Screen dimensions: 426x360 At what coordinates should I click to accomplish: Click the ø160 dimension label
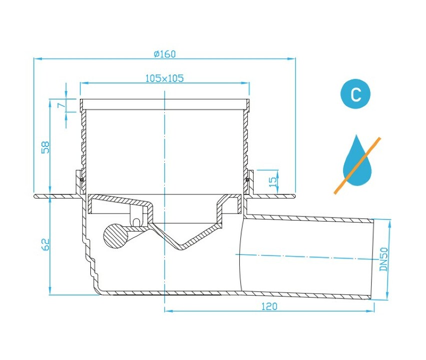point(165,54)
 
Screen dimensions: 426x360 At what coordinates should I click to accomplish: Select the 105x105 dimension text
point(165,78)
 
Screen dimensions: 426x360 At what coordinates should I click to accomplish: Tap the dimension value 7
point(62,104)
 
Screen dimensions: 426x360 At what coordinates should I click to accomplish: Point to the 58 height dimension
point(45,147)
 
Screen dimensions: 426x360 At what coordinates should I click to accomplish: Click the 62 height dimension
point(45,244)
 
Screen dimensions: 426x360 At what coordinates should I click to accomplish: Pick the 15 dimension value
point(273,181)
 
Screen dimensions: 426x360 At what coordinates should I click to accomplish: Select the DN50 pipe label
point(384,259)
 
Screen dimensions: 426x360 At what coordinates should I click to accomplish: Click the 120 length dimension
point(269,306)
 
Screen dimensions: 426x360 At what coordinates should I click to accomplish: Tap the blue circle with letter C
point(356,94)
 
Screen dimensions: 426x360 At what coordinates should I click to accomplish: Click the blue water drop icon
point(357,163)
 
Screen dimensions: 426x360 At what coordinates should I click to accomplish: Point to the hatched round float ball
point(116,235)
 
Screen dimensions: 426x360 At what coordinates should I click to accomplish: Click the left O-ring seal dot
point(82,179)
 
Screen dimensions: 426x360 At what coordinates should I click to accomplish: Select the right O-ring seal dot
point(247,179)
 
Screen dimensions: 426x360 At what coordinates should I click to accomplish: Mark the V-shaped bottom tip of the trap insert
point(181,248)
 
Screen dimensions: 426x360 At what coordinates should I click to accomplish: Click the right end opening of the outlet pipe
point(372,259)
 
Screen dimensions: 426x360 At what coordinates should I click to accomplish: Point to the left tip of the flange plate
point(34,196)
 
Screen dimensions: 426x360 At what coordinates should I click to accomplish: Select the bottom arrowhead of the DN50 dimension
point(388,296)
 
